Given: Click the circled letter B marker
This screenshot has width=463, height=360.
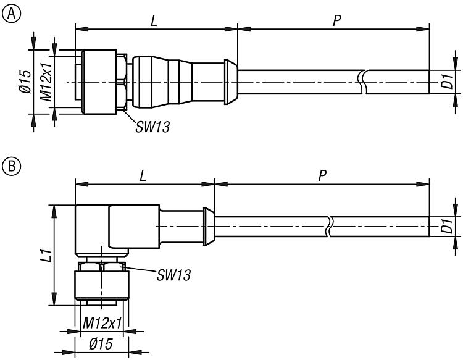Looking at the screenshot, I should pyautogui.click(x=10, y=166).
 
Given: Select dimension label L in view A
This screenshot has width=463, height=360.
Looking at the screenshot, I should pyautogui.click(x=155, y=20).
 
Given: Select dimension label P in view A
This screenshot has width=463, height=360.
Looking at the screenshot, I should pyautogui.click(x=336, y=20).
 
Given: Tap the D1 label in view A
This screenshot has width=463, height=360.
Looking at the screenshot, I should pyautogui.click(x=446, y=82).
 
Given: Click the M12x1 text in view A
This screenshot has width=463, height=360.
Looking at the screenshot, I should pyautogui.click(x=45, y=82).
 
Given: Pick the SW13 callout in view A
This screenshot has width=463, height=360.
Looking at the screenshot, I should pyautogui.click(x=152, y=127).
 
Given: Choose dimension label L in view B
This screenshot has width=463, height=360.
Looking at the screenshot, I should pyautogui.click(x=143, y=175).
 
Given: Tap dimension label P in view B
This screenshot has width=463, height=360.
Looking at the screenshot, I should pyautogui.click(x=322, y=175).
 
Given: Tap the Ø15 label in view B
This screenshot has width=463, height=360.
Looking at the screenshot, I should pyautogui.click(x=100, y=345).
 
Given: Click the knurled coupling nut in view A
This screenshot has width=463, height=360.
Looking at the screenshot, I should pyautogui.click(x=99, y=82).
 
